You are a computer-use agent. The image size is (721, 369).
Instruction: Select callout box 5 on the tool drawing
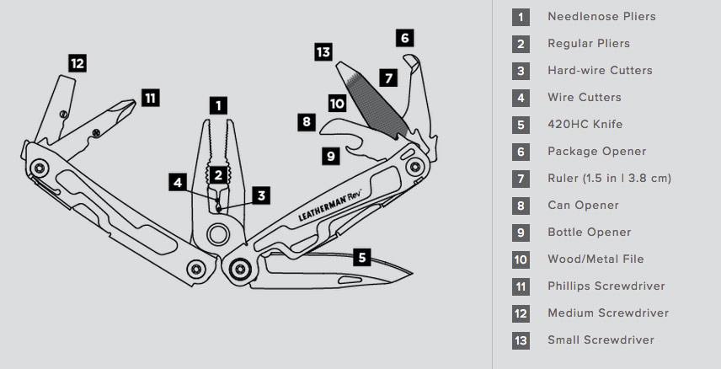click(362, 257)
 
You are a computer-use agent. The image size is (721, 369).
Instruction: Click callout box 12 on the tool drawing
click(77, 62)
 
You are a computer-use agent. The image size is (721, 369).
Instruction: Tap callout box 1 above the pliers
click(218, 105)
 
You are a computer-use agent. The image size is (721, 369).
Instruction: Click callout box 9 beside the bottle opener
click(330, 155)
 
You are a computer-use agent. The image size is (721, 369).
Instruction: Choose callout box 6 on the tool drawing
click(405, 38)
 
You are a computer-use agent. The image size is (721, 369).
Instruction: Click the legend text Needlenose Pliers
click(601, 17)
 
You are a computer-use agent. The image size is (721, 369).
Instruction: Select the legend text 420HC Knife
click(585, 125)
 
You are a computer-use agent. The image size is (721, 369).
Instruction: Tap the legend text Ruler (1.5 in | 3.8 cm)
click(609, 179)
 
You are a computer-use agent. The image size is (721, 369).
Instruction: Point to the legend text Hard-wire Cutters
click(600, 71)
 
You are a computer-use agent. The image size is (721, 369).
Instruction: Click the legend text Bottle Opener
click(589, 233)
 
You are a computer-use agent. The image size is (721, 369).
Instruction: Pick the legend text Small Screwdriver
click(601, 340)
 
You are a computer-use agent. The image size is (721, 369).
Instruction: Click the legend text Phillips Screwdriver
click(606, 286)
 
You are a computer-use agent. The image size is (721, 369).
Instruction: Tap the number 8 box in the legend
click(521, 206)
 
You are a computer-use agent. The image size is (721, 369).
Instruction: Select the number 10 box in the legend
click(521, 259)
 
